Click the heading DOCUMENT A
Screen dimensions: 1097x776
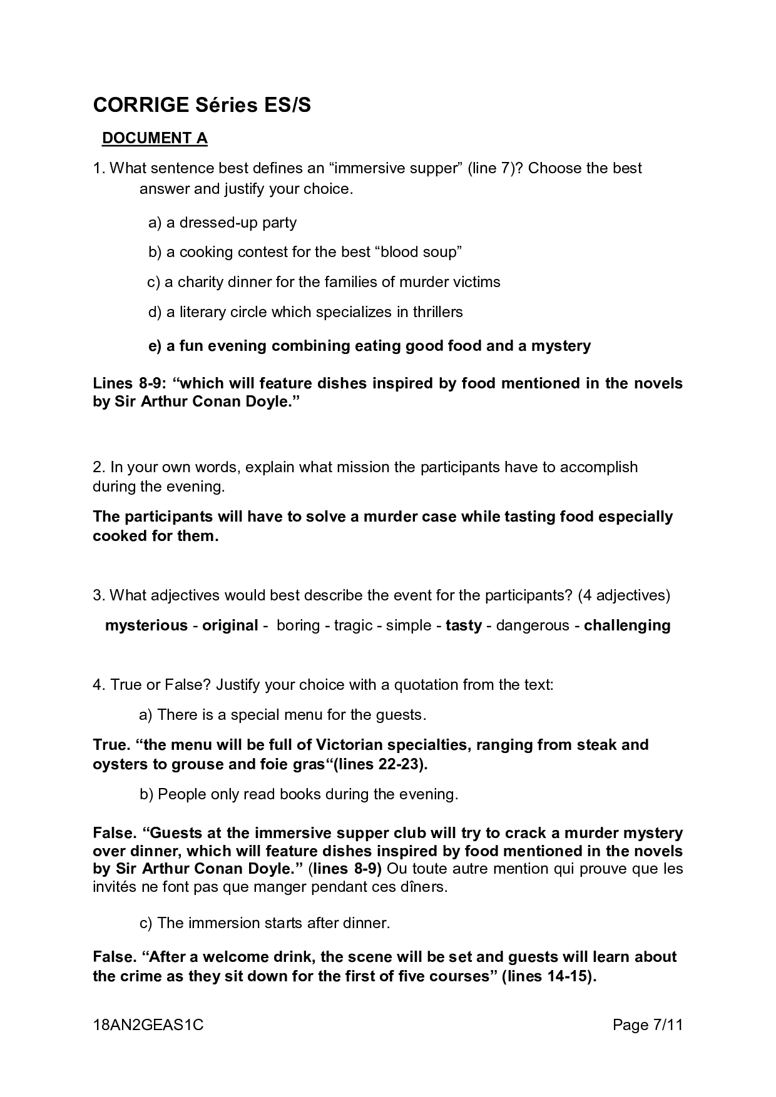155,138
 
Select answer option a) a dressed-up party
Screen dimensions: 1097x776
222,223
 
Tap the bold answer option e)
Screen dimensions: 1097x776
369,346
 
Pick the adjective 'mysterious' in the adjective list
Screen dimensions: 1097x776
146,625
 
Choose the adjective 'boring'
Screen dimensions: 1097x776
298,625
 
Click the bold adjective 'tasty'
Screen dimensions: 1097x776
464,625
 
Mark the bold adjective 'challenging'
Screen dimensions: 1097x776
627,625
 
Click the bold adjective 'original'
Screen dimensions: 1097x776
230,625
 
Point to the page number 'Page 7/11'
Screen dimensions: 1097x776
647,1025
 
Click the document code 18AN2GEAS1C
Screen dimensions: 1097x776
148,1025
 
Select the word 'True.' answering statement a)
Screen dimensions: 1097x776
111,745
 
